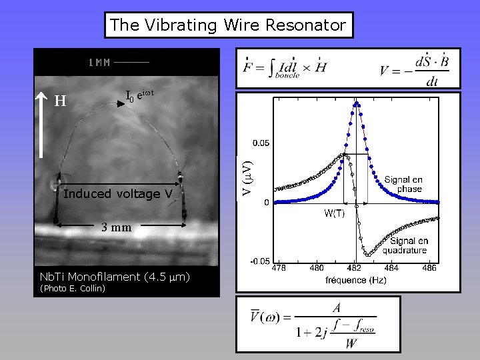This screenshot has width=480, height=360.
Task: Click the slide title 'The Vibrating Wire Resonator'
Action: pyautogui.click(x=228, y=25)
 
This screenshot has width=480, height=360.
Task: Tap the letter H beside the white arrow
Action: pyautogui.click(x=60, y=101)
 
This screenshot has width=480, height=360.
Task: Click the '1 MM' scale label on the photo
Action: pyautogui.click(x=99, y=63)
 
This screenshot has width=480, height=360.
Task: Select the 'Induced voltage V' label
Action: pyautogui.click(x=118, y=194)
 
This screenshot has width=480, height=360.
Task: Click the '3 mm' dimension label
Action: pyautogui.click(x=116, y=227)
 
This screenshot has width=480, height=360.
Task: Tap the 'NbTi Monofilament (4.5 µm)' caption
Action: pyautogui.click(x=115, y=277)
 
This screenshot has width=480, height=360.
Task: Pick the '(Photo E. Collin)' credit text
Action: pyautogui.click(x=73, y=289)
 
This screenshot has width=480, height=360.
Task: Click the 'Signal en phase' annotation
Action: pyautogui.click(x=403, y=184)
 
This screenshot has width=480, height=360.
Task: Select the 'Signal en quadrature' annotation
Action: pyautogui.click(x=409, y=245)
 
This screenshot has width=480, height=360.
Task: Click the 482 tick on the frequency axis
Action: pyautogui.click(x=354, y=267)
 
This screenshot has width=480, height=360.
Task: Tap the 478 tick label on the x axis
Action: pyautogui.click(x=280, y=267)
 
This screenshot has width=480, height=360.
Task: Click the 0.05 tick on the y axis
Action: pyautogui.click(x=261, y=143)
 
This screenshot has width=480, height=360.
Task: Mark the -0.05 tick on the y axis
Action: pyautogui.click(x=259, y=261)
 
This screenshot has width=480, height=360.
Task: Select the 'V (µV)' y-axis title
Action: pyautogui.click(x=246, y=177)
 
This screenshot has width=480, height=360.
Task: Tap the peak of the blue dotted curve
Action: pyautogui.click(x=357, y=103)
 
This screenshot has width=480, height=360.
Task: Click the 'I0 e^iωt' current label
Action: pyautogui.click(x=140, y=97)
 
